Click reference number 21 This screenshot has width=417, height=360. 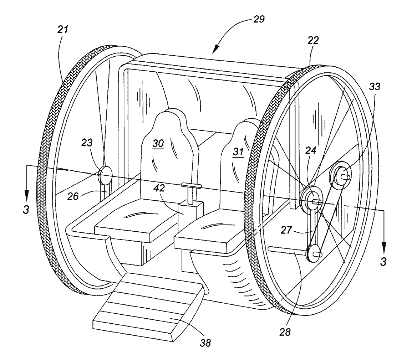point(63,30)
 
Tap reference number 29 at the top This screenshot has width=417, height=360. point(259,19)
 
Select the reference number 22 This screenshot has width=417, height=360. point(313,40)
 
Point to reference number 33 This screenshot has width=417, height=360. point(375,86)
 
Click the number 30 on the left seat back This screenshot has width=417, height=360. point(158,144)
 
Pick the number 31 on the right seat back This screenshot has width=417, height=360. point(238,152)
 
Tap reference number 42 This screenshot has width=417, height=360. point(159,188)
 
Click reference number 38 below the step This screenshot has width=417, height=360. point(205,343)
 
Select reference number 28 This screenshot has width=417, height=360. point(285,332)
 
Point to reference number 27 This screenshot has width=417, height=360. point(286,230)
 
